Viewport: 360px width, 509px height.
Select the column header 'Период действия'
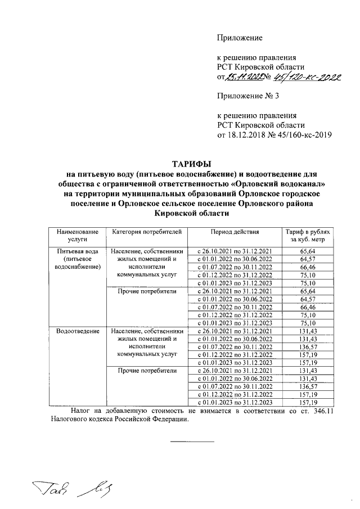[x=235, y=232]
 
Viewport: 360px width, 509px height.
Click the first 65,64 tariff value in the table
[x=308, y=251]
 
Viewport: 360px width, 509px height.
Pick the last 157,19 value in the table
[x=308, y=403]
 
